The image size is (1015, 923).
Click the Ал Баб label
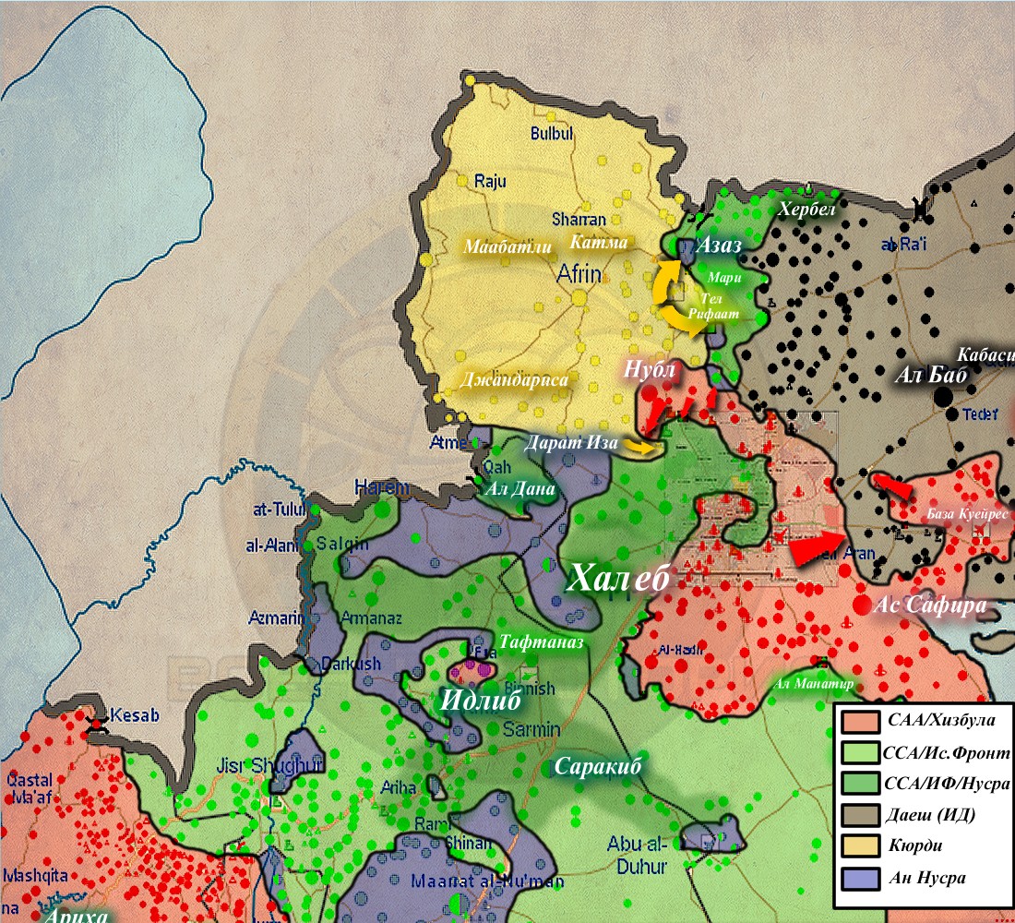coord(930,376)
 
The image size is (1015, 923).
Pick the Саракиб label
coord(597,766)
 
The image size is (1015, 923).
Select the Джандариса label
coord(514,379)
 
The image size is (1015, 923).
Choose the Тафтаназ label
coord(542,642)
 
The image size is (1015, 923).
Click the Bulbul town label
coord(552,134)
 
